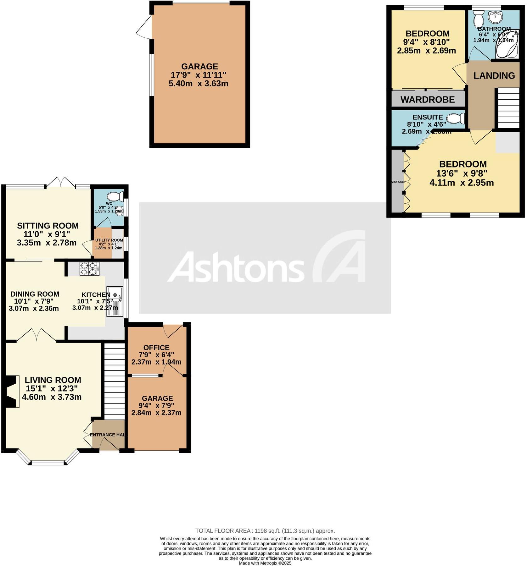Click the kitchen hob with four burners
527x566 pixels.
click(89, 269)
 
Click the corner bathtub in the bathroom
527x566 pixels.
click(507, 46)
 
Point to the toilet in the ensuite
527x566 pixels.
click(456, 118)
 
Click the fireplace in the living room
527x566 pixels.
click(12, 392)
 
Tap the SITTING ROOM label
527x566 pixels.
click(48, 226)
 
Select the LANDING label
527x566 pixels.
click(494, 75)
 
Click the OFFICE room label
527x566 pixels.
click(156, 348)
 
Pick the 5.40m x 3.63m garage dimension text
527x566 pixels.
click(199, 84)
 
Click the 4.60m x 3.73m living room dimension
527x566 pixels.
click(52, 397)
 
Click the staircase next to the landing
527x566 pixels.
click(508, 108)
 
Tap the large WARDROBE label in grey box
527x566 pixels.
click(428, 100)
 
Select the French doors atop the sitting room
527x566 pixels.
click(61, 182)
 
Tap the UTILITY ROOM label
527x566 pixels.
click(109, 240)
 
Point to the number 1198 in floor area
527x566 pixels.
click(261, 531)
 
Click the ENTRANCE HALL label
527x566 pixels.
click(109, 435)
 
